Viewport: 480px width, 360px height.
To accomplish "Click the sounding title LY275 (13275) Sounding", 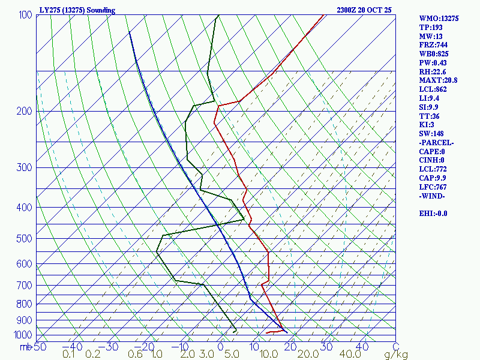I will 77,10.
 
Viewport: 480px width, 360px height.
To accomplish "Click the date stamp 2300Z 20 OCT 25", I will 364,10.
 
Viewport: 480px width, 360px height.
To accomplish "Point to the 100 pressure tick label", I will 25,14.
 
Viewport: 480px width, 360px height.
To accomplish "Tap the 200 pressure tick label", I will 25,112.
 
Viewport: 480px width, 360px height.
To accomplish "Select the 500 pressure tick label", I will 25,239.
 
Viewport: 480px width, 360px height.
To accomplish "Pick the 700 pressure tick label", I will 25,286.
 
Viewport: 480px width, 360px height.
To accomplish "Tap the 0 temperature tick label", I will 220,346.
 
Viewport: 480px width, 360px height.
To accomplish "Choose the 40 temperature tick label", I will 362,346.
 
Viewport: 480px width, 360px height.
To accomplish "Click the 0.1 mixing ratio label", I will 69,355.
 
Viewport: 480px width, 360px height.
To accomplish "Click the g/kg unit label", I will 395,355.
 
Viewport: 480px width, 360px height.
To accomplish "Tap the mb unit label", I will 25,346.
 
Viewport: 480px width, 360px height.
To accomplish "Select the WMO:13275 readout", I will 439,19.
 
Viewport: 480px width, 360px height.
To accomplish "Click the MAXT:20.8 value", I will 438,80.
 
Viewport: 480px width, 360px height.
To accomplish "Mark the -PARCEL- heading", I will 436,143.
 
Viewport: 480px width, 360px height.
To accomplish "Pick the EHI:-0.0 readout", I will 433,214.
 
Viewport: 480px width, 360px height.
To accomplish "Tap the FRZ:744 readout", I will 433,45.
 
